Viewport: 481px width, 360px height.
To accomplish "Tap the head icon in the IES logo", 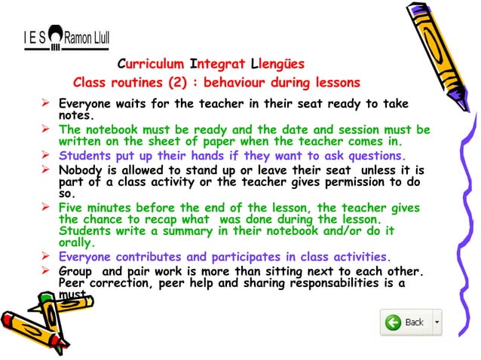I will pyautogui.click(x=54, y=34).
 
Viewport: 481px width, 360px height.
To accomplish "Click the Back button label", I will pyautogui.click(x=414, y=322).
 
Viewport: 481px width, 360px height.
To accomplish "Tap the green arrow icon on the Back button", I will pyautogui.click(x=393, y=322).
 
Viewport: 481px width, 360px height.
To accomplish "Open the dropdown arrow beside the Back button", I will pyautogui.click(x=437, y=322).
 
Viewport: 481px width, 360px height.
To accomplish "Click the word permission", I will pyautogui.click(x=350, y=182).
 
